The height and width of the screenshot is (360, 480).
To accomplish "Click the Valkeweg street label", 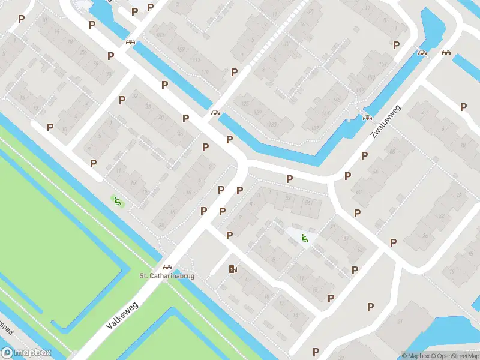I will (x=122, y=315).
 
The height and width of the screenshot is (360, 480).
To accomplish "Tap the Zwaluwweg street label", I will (x=385, y=122).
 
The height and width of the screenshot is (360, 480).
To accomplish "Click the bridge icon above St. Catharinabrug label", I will (x=167, y=267).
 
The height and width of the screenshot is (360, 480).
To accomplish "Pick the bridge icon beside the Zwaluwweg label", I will (x=367, y=117).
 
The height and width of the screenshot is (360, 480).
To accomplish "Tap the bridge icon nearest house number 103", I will (x=130, y=42).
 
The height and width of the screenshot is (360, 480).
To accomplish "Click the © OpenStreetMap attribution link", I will (x=455, y=356).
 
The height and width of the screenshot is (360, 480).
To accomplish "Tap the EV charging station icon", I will (x=232, y=269).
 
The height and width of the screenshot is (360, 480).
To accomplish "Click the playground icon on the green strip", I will (x=117, y=201).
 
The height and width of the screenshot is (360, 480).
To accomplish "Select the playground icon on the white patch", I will (x=305, y=238).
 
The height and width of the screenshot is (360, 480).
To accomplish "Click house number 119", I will (x=205, y=74).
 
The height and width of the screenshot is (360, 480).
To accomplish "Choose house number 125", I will (x=244, y=104).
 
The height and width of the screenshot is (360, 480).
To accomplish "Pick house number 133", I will (x=273, y=125).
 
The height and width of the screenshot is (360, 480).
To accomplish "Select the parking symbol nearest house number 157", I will (x=396, y=45).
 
